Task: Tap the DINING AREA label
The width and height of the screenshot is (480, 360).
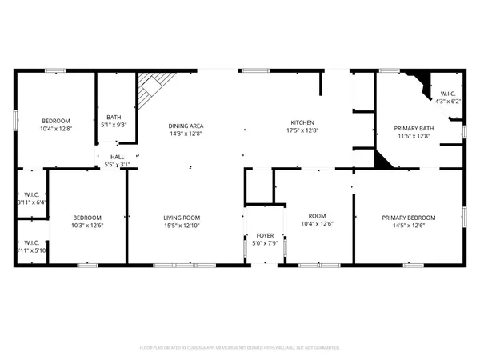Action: [x=185, y=126]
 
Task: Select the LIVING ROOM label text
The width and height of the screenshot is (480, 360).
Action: [x=182, y=218]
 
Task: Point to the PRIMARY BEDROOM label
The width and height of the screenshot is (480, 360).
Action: [x=408, y=218]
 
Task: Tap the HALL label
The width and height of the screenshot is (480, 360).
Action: [x=117, y=157]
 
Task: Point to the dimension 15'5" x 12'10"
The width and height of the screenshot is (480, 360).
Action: [x=182, y=226]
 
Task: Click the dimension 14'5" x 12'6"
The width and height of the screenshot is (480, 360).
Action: [x=408, y=226]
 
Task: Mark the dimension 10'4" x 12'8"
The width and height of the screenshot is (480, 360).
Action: [x=56, y=129]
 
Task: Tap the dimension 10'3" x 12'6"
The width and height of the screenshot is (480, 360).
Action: [x=86, y=226]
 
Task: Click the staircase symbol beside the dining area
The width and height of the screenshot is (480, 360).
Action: [x=151, y=89]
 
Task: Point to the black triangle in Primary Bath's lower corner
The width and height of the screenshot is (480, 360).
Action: [x=382, y=160]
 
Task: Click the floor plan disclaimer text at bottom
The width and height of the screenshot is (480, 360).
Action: [x=240, y=348]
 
